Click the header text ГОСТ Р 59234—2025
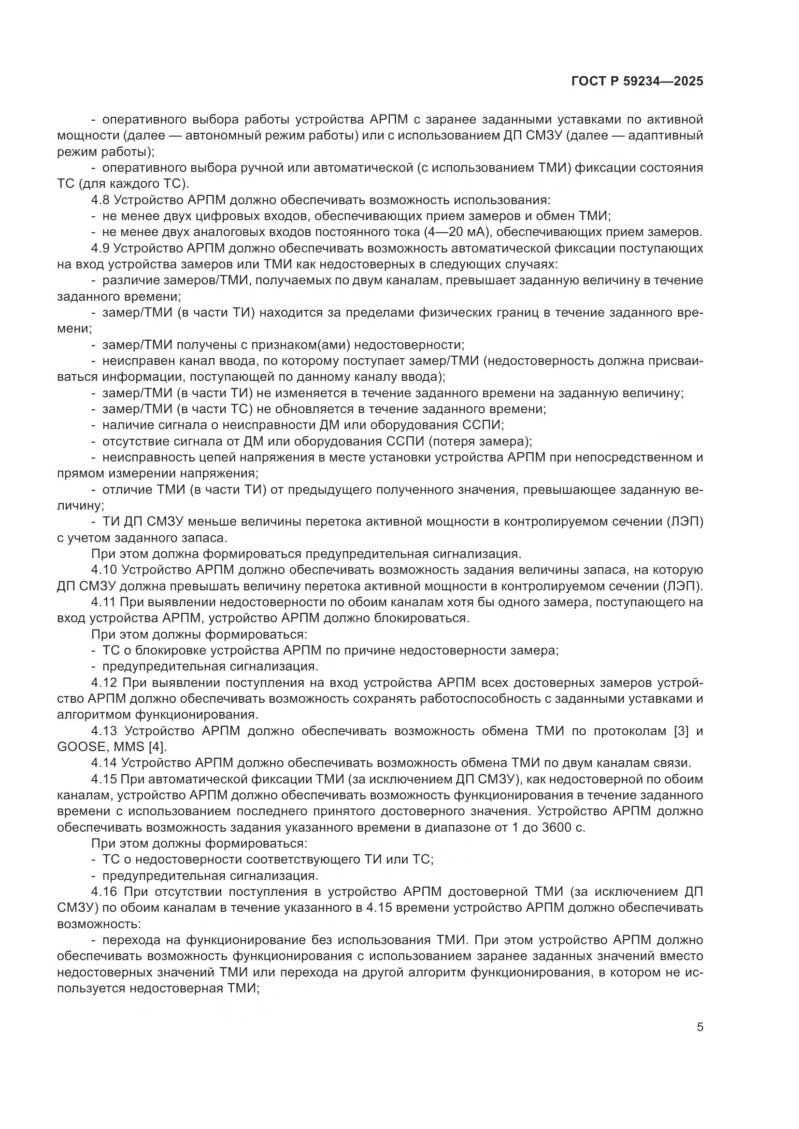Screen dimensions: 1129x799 click(637, 82)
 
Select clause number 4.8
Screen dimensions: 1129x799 click(102, 200)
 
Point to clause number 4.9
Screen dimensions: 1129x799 click(102, 248)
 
